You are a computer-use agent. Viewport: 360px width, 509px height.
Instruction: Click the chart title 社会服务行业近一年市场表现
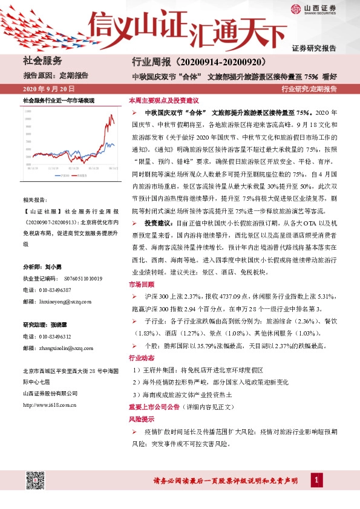tap(59, 99)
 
